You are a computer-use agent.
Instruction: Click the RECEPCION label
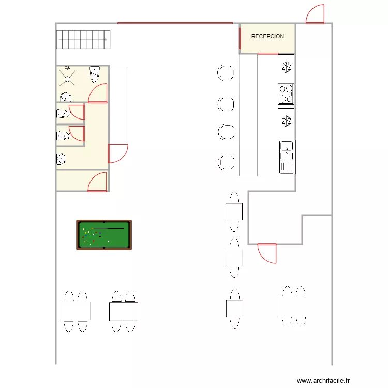[x=267, y=37]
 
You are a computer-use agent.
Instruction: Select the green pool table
[x=104, y=235]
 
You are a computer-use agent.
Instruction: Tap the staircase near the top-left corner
[x=83, y=39]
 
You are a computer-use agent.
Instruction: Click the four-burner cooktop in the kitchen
[x=286, y=94]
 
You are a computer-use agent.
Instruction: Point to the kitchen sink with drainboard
[x=286, y=157]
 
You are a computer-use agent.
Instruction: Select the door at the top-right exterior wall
[x=315, y=15]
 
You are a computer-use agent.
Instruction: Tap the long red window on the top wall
[x=175, y=23]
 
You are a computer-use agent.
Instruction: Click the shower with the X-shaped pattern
[x=68, y=78]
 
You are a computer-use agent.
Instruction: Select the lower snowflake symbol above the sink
[x=286, y=121]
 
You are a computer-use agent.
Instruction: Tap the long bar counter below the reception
[x=248, y=115]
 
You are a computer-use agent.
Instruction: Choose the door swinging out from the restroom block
[x=117, y=154]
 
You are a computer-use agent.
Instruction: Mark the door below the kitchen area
[x=267, y=253]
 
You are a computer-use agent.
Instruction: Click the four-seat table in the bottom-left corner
[x=76, y=311]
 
